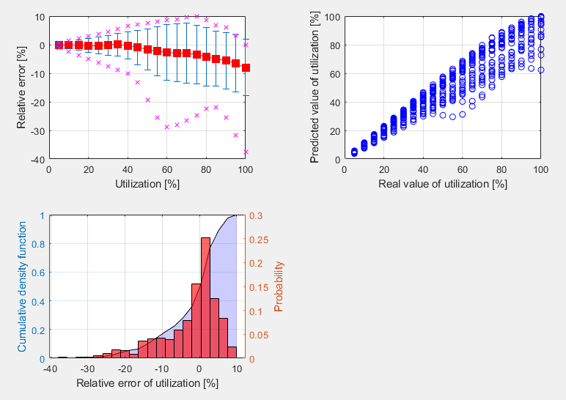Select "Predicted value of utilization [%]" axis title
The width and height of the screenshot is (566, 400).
point(315,88)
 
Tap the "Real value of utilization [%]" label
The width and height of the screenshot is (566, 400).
point(443,183)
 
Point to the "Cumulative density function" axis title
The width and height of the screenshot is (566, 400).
point(21,287)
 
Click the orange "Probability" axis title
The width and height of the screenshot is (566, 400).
point(279,287)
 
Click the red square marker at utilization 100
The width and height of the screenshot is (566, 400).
point(246,68)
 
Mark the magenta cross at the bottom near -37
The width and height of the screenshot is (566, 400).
point(246,152)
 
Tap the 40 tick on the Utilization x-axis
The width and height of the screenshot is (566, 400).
point(128,168)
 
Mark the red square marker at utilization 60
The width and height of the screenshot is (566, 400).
point(167,52)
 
